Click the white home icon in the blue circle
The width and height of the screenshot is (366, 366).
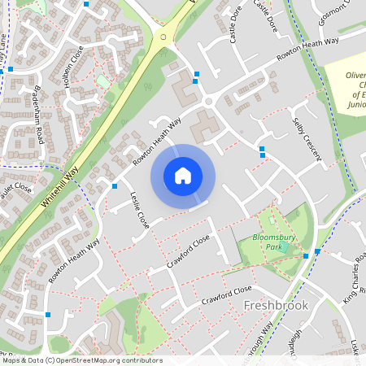pyautogui.click(x=183, y=175)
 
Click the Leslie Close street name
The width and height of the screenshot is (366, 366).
pyautogui.click(x=140, y=210)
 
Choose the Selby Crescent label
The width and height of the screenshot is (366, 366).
pyautogui.click(x=307, y=137)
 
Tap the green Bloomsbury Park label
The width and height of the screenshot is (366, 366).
pyautogui.click(x=272, y=241)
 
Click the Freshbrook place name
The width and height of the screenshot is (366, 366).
pyautogui.click(x=276, y=305)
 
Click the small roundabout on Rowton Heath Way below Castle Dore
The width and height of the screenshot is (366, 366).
pyautogui.click(x=208, y=101)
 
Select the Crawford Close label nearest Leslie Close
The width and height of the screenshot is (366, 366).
pyautogui.click(x=189, y=251)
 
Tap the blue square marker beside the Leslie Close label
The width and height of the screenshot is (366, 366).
pyautogui.click(x=113, y=185)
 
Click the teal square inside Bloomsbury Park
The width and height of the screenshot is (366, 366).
pyautogui.click(x=283, y=246)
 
